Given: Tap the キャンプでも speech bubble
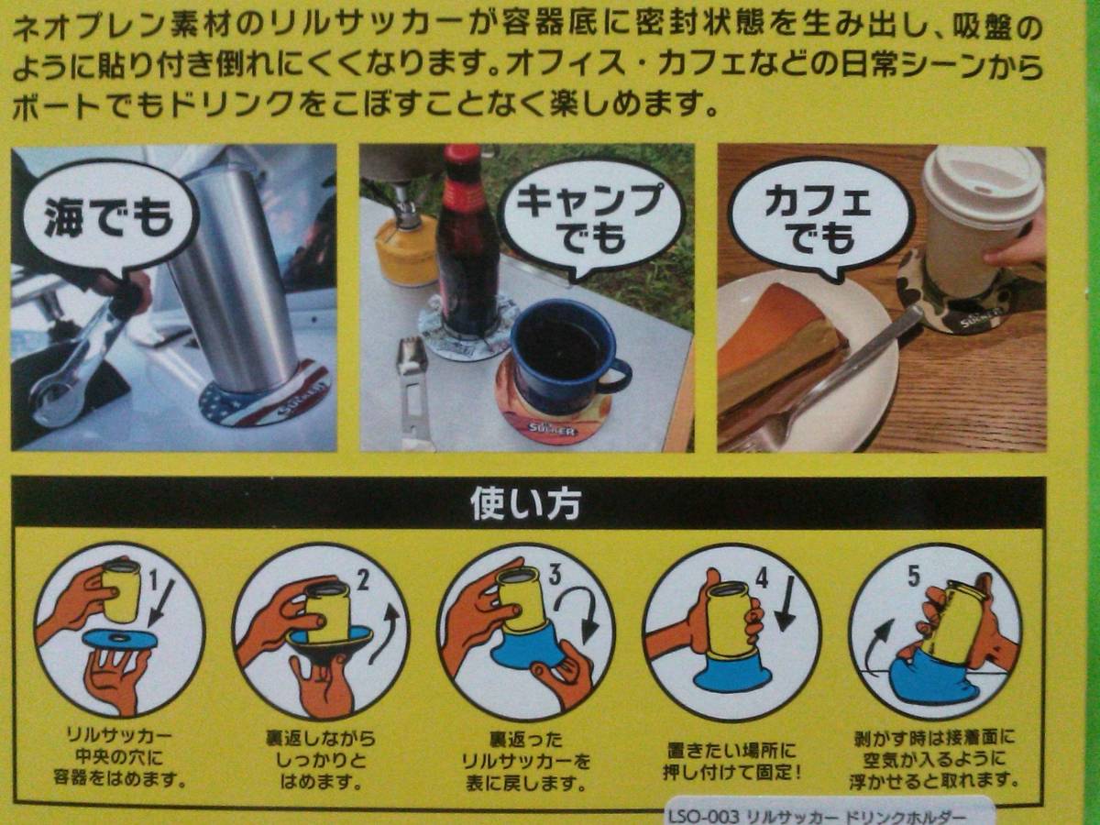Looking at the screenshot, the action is click(591, 220).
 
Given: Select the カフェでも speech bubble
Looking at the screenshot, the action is click(820, 222).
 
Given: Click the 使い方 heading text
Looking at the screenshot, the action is click(525, 503).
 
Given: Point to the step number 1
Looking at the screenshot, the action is click(154, 582).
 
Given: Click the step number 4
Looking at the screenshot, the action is click(761, 578).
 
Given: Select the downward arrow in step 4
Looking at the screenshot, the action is click(787, 602).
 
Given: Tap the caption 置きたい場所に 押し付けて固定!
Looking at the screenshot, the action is click(731, 762).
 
